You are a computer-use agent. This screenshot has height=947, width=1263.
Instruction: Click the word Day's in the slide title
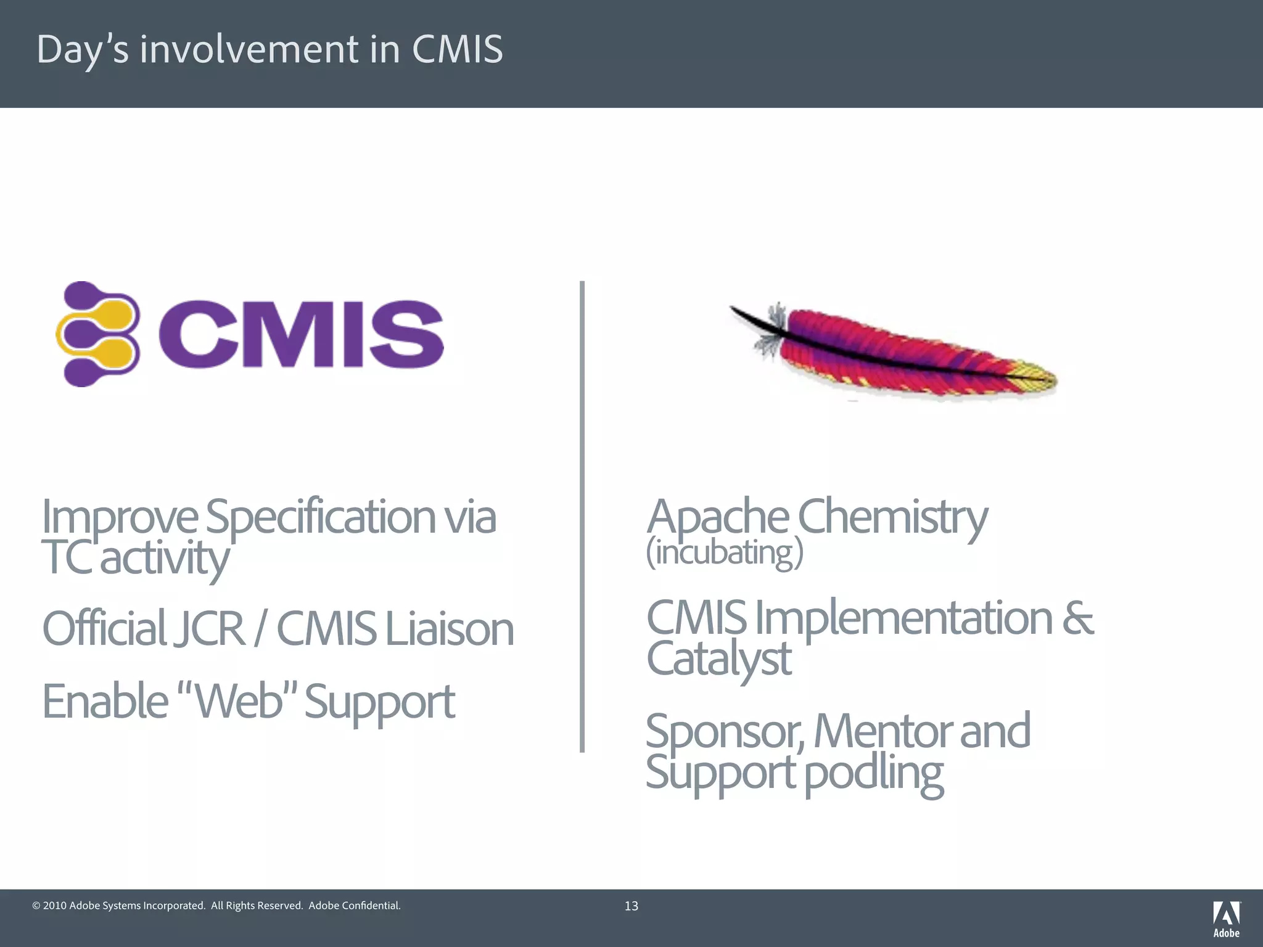tap(83, 49)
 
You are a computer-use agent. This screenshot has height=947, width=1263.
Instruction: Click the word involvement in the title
tap(249, 49)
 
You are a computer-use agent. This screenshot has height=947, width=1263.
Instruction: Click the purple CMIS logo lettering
tap(301, 334)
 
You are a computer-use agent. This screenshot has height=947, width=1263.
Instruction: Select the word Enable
tap(105, 702)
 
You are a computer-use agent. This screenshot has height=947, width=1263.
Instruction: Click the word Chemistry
tap(892, 517)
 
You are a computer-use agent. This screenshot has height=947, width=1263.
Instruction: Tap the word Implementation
tap(903, 618)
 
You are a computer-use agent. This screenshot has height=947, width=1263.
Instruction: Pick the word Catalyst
tap(719, 658)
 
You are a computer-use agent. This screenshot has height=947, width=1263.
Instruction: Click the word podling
tap(874, 773)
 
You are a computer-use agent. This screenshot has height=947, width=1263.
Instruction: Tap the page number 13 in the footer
tap(631, 906)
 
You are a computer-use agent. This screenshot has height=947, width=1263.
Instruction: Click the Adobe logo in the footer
tap(1227, 918)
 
